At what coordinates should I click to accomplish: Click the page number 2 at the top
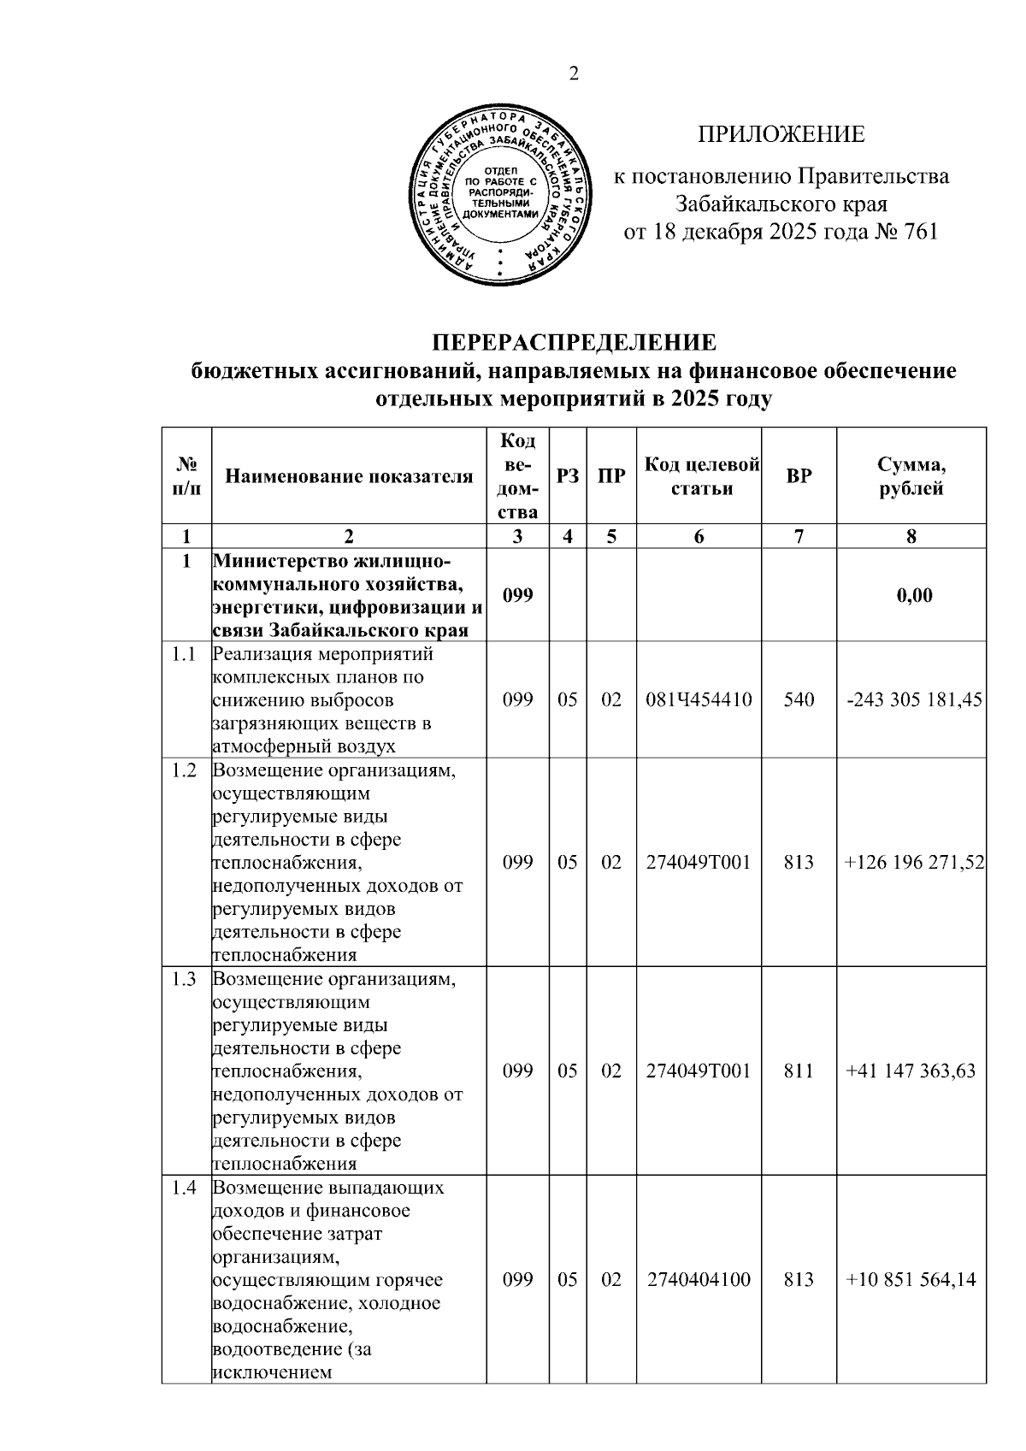[x=574, y=75]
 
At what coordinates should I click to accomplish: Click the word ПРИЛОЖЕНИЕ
[x=781, y=135]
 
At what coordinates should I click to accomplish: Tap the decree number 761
[x=920, y=232]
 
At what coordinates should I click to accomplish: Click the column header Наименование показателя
[x=349, y=477]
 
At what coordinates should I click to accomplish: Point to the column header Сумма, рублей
[x=911, y=477]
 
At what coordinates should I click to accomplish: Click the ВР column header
[x=799, y=477]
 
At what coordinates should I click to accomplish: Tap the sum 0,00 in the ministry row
[x=914, y=596]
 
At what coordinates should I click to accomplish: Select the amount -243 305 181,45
[x=914, y=700]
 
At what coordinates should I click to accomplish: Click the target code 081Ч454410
[x=699, y=700]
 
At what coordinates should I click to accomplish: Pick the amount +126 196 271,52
[x=914, y=863]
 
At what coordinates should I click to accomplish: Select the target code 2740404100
[x=699, y=1280]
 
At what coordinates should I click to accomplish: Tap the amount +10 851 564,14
[x=910, y=1280]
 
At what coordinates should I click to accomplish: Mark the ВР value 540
[x=799, y=700]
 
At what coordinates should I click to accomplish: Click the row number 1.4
[x=185, y=1188]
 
